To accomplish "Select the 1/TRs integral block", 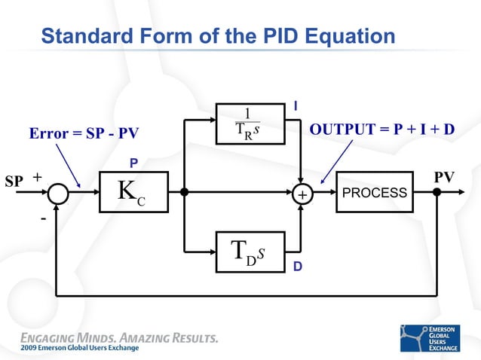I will click(x=247, y=124).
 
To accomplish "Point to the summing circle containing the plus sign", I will click(x=302, y=194).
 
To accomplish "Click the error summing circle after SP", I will click(x=58, y=193).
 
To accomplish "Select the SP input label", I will click(x=14, y=181).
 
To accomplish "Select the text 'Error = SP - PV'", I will click(x=84, y=134).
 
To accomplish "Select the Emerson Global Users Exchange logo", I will click(x=434, y=339).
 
